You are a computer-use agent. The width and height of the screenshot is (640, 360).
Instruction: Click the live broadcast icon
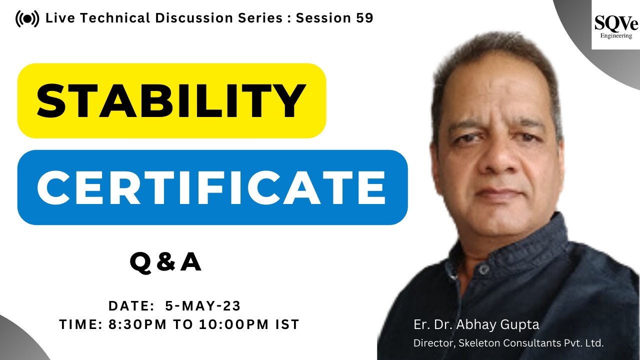click(27, 19)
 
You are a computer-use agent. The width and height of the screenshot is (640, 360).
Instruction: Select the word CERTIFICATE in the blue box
click(212, 187)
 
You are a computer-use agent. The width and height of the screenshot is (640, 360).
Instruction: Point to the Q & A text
click(165, 262)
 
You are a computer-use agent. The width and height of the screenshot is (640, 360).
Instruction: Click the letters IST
click(287, 324)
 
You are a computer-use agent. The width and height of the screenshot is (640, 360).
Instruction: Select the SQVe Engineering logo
click(613, 26)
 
